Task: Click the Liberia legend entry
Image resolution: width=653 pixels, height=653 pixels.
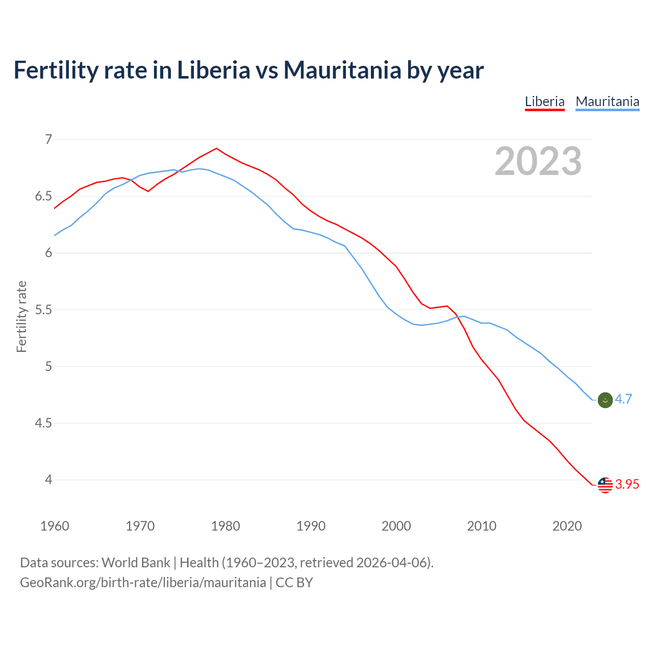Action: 544,102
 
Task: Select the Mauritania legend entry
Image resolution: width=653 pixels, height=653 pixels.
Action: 607,102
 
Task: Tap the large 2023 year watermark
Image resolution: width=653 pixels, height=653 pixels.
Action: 538,161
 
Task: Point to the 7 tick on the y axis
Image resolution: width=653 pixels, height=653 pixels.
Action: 48,139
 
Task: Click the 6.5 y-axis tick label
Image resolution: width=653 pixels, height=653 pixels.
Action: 44,196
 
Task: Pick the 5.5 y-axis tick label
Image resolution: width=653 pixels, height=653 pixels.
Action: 44,310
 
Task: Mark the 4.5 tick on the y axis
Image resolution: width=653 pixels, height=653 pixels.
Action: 44,423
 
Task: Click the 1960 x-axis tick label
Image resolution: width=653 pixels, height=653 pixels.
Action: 55,526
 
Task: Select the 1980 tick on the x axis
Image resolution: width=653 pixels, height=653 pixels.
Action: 225,526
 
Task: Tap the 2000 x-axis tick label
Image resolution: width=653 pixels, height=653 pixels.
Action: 396,526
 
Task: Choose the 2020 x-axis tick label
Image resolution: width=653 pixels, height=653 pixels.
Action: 567,526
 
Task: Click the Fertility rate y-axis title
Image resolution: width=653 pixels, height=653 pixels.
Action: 21,316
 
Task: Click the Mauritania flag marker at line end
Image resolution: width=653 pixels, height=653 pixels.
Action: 605,400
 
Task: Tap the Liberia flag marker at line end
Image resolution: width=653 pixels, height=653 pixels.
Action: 605,485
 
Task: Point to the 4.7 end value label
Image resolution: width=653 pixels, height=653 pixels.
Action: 623,399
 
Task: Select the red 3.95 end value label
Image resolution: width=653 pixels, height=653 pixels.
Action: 627,484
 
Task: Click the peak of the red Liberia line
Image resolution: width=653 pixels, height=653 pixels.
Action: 217,148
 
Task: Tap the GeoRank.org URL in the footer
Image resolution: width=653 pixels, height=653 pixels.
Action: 143,583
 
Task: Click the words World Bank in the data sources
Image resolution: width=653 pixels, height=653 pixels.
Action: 136,563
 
